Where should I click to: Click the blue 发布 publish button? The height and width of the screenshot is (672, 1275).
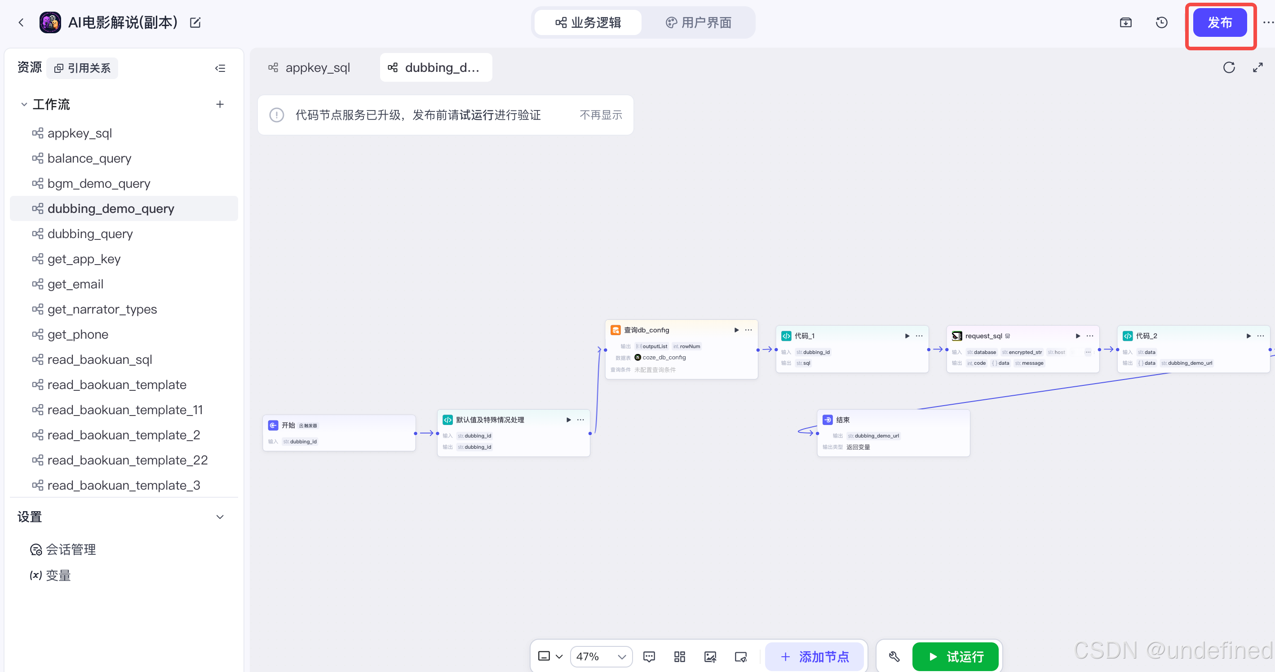click(1219, 23)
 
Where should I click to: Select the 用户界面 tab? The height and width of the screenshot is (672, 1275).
click(699, 23)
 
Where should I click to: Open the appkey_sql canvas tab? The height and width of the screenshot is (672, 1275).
click(310, 67)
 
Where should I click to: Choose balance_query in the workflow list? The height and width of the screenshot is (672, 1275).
click(89, 159)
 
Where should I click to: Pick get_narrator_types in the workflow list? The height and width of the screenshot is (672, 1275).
click(102, 309)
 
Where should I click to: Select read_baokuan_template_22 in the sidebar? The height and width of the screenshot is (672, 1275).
click(127, 460)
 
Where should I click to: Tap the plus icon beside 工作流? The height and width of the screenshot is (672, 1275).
click(220, 104)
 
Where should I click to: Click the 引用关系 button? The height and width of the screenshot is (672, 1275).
click(83, 68)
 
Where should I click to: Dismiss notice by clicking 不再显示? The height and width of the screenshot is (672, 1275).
click(600, 115)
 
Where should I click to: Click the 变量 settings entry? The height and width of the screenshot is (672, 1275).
click(58, 575)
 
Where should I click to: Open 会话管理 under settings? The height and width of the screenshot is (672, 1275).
click(70, 549)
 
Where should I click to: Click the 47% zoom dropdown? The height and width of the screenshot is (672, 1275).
click(601, 657)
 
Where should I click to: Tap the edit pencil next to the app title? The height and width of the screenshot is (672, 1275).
click(195, 23)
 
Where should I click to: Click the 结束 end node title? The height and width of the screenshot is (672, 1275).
click(842, 420)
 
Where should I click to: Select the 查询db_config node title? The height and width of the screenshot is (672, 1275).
click(646, 330)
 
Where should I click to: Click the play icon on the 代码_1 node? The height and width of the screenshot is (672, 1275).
click(907, 336)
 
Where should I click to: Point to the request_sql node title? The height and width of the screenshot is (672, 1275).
click(983, 336)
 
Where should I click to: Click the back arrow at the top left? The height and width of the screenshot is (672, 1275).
click(21, 23)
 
